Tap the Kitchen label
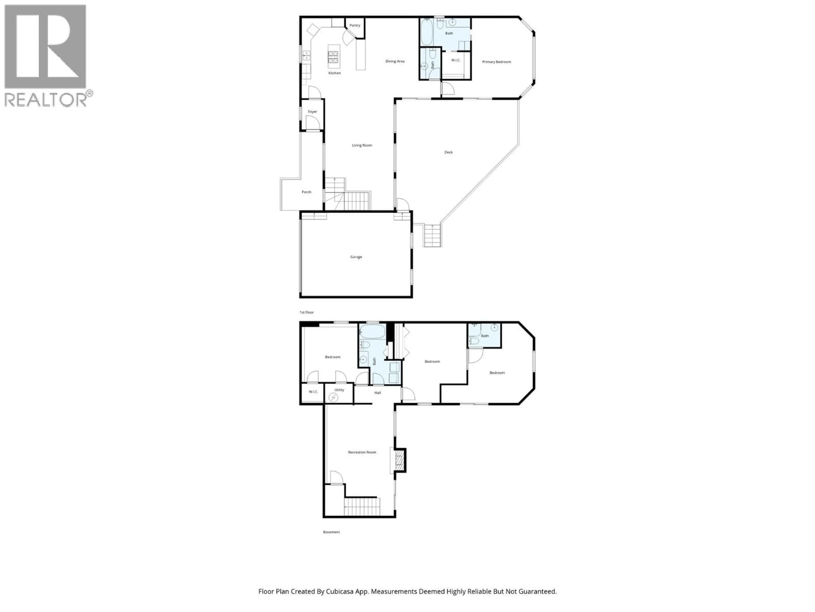point(334,73)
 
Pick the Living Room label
point(362,145)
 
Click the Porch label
point(306,192)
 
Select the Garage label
point(356,257)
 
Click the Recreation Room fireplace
point(399,460)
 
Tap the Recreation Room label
point(362,452)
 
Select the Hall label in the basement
point(377,393)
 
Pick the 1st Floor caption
point(306,312)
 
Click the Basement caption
point(331,532)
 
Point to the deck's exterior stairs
point(432,236)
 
